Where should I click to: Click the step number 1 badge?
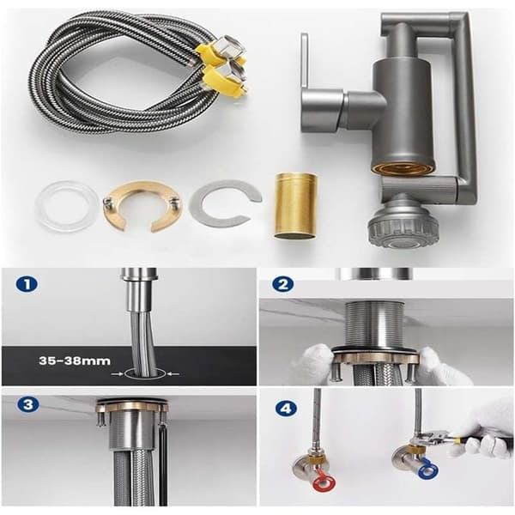point(27,284)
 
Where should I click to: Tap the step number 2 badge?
point(282,284)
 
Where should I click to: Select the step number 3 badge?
point(28,404)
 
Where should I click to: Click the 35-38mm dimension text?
point(75,361)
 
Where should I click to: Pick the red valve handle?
point(325,484)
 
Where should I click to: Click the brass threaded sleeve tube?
point(295,206)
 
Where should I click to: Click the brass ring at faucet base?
point(403,167)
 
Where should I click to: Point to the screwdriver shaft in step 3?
point(163,464)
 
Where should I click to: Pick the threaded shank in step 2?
point(376,324)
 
